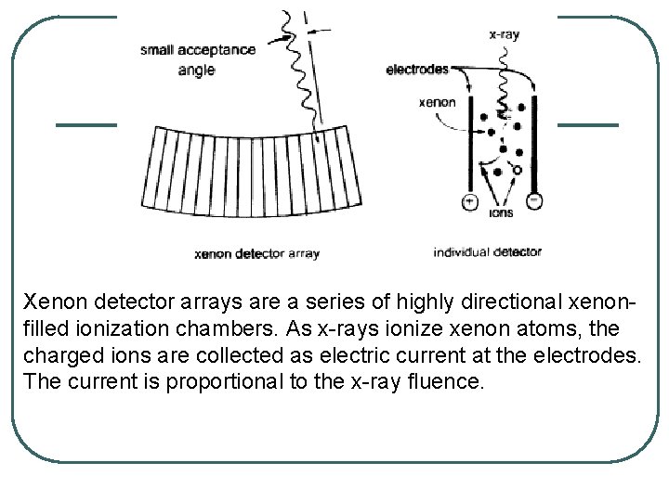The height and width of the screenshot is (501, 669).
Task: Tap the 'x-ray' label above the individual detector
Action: pos(504,35)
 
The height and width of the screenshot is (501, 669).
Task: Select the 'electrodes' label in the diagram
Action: pos(416,70)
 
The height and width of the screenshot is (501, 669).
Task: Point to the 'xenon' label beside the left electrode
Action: pos(438,102)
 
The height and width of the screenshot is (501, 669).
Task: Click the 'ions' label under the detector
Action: pos(500,212)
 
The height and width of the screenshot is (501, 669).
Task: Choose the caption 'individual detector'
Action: pos(487,251)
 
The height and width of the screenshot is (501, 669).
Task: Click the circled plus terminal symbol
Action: pos(469,201)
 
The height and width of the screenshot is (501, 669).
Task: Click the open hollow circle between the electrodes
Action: pos(517,170)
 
